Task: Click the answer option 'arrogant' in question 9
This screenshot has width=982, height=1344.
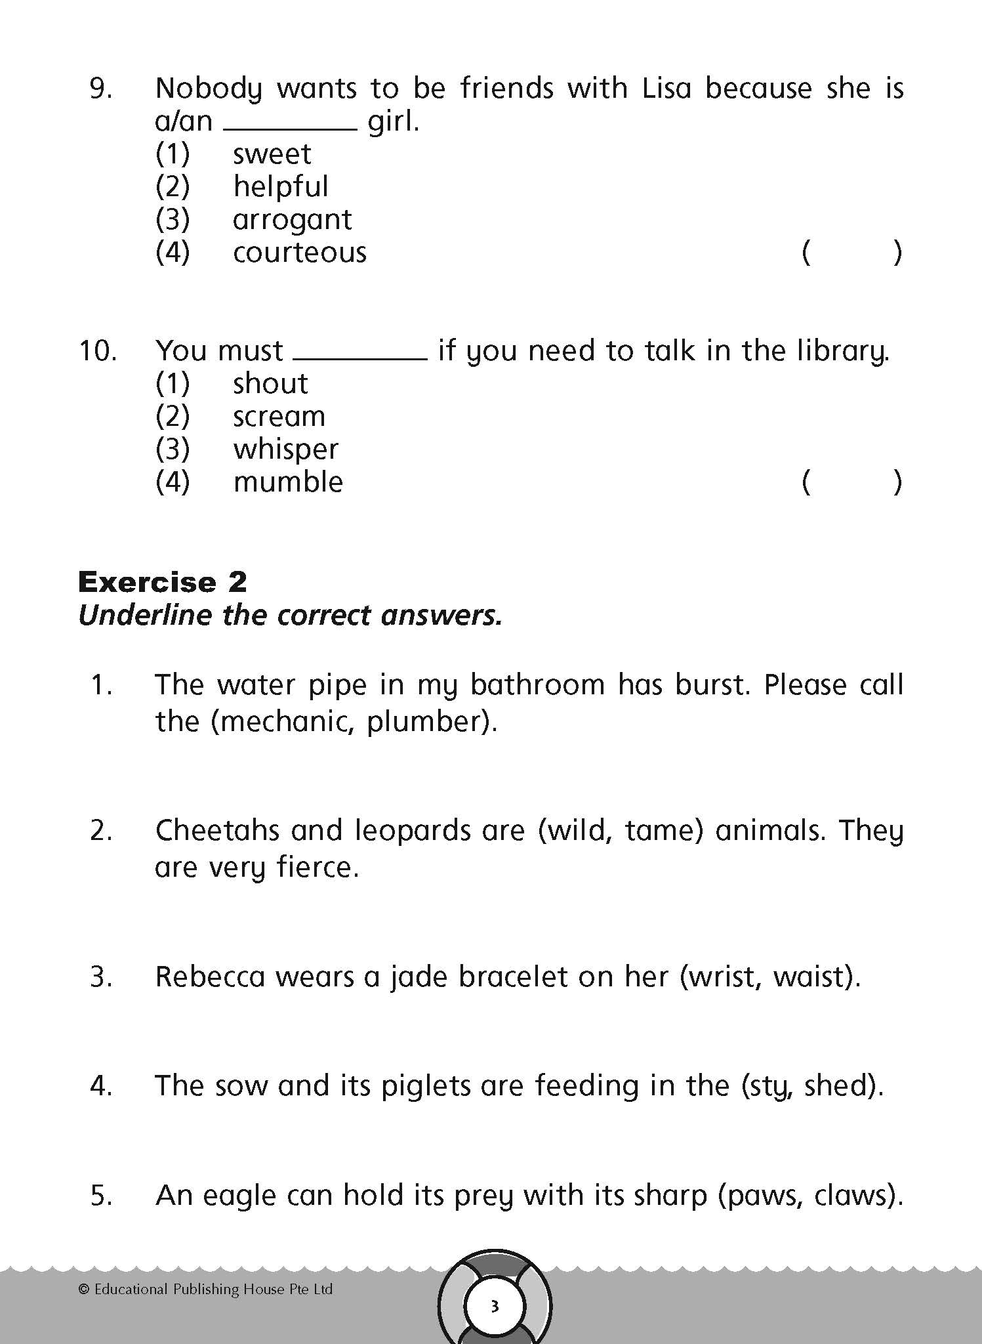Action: [292, 220]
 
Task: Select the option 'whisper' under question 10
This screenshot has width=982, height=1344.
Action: [286, 450]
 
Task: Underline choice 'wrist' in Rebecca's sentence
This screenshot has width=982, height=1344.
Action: [722, 976]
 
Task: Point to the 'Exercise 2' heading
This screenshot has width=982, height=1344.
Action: [163, 582]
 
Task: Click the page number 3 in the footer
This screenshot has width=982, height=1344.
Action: [495, 1306]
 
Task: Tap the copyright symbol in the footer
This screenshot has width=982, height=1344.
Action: [83, 1290]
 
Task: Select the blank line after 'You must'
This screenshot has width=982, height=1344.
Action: [360, 358]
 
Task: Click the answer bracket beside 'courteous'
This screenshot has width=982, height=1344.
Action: [851, 253]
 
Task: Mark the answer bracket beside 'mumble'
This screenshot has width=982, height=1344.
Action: [851, 482]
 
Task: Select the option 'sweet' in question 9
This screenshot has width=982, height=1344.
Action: [272, 154]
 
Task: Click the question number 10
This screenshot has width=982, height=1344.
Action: [98, 351]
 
